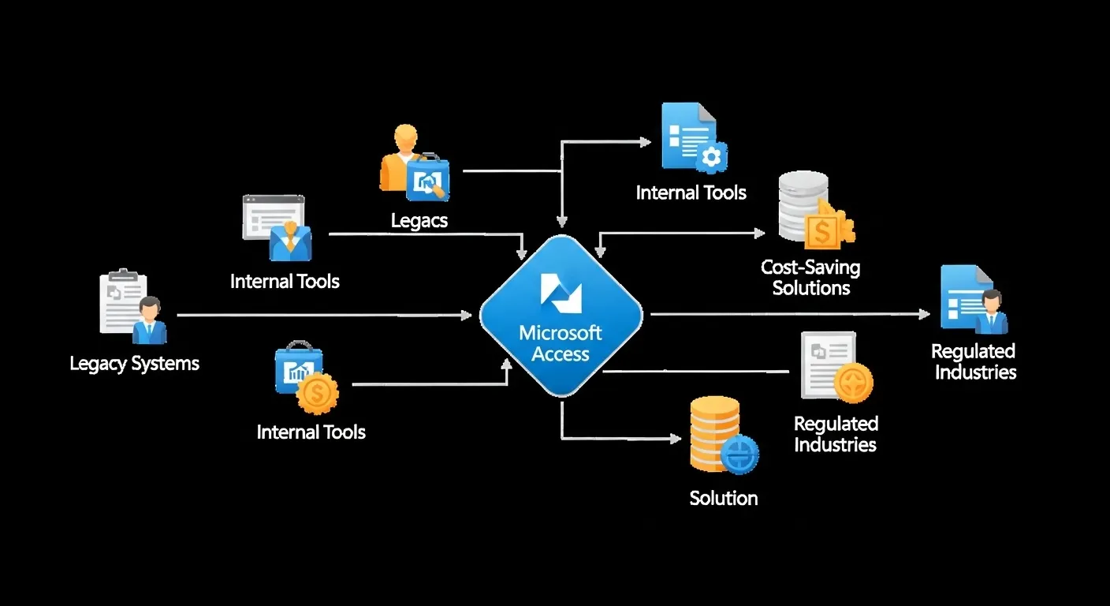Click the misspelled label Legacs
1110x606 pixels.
pyautogui.click(x=419, y=220)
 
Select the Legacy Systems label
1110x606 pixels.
pyautogui.click(x=135, y=364)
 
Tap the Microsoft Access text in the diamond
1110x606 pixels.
pyautogui.click(x=561, y=343)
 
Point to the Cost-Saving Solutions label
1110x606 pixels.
pyautogui.click(x=810, y=278)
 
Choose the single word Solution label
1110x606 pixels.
pyautogui.click(x=724, y=498)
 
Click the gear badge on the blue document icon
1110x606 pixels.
pyautogui.click(x=711, y=158)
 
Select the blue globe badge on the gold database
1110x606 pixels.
pyautogui.click(x=739, y=454)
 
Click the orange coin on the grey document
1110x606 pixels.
pyautogui.click(x=854, y=383)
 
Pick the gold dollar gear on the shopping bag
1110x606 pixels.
pyautogui.click(x=317, y=393)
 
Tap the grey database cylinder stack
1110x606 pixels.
pyautogui.click(x=803, y=205)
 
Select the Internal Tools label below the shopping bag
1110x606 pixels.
pyautogui.click(x=311, y=432)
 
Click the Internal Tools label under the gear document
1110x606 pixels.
pyautogui.click(x=691, y=193)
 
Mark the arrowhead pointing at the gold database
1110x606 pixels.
pyautogui.click(x=676, y=439)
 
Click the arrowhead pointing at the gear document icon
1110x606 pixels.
pyautogui.click(x=646, y=142)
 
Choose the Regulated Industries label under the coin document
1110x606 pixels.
pyautogui.click(x=835, y=434)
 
